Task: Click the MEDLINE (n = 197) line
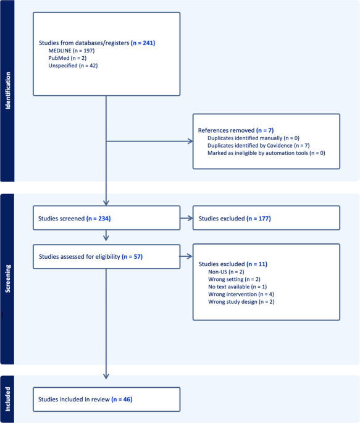tap(72, 51)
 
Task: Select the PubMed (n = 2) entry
tap(67, 58)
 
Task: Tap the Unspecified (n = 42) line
tap(73, 65)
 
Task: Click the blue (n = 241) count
tap(143, 43)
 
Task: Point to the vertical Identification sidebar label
tap(8, 91)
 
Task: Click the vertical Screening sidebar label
tap(8, 279)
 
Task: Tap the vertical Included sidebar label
tap(8, 400)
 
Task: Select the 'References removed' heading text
tap(226, 130)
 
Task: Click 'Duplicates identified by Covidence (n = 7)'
tap(259, 146)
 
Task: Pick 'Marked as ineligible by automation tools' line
tap(266, 153)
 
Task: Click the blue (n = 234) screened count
tap(98, 219)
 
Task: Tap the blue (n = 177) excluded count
tap(259, 219)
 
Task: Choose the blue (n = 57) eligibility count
tap(132, 256)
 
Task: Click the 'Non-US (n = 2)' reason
tap(226, 272)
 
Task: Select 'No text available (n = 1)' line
tap(238, 287)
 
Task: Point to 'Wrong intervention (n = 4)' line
tap(241, 295)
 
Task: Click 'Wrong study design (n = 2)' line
tap(241, 302)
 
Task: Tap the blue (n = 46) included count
tap(122, 400)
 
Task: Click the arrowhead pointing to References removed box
tap(190, 141)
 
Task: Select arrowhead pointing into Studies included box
tap(106, 376)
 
